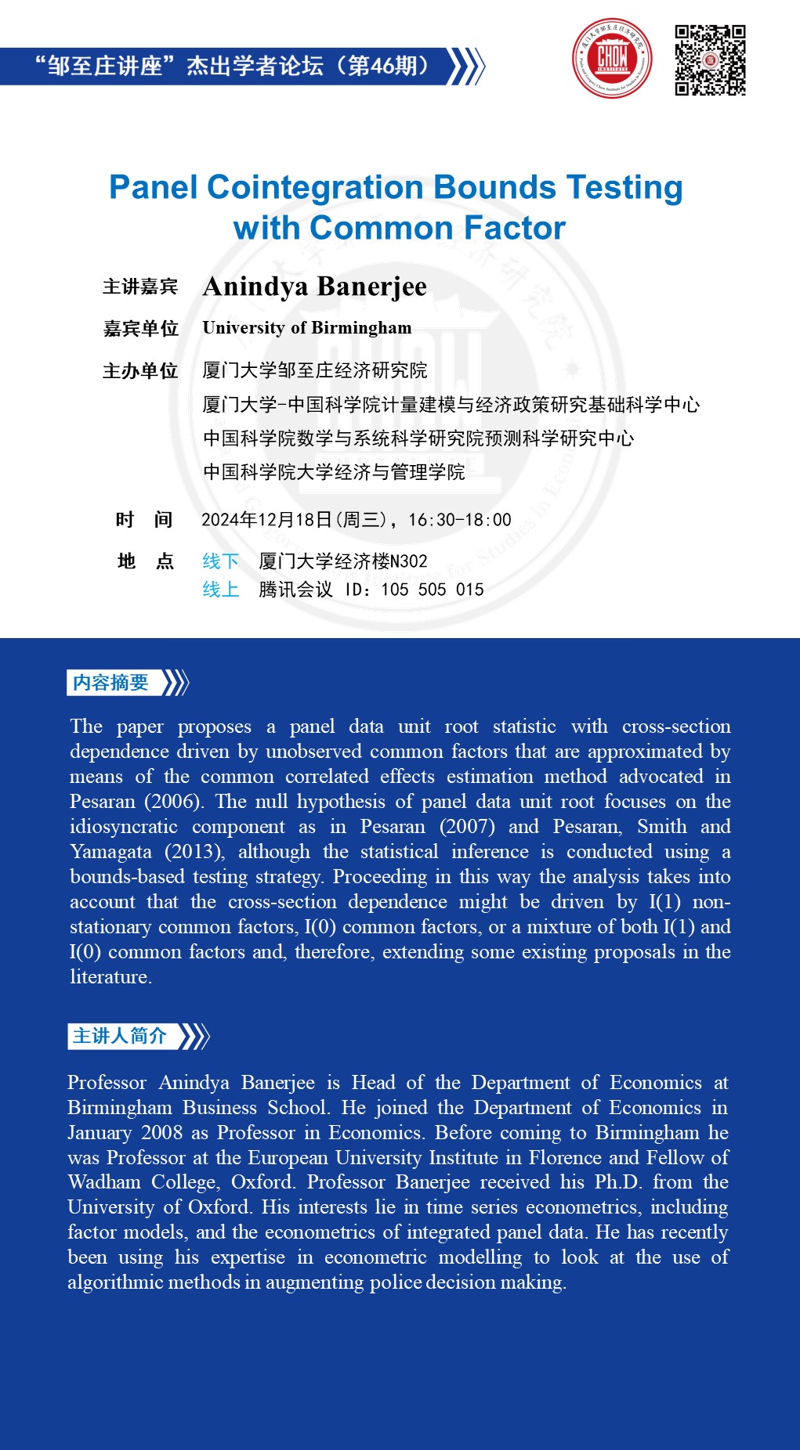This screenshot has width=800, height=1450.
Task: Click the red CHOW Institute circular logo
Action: pyautogui.click(x=612, y=59)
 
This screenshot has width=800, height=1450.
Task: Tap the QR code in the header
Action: pyautogui.click(x=710, y=60)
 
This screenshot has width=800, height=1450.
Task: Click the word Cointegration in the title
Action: pyautogui.click(x=316, y=188)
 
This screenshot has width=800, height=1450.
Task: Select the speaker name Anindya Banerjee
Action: pyautogui.click(x=315, y=287)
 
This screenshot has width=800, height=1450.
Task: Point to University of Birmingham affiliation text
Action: pyautogui.click(x=307, y=328)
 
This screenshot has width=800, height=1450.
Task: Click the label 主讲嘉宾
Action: pyautogui.click(x=140, y=287)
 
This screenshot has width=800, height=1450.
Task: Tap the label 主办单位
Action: pyautogui.click(x=140, y=371)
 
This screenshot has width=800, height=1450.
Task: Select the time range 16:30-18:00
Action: pyautogui.click(x=460, y=520)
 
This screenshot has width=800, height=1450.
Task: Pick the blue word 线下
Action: pyautogui.click(x=220, y=561)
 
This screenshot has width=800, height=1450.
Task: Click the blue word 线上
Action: pyautogui.click(x=220, y=590)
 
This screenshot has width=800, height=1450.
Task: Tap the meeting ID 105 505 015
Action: pyautogui.click(x=433, y=590)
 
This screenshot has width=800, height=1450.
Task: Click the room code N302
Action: pyautogui.click(x=409, y=561)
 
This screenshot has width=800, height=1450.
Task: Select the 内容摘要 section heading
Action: pyautogui.click(x=110, y=683)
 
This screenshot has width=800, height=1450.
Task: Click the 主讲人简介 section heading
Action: pyautogui.click(x=120, y=1036)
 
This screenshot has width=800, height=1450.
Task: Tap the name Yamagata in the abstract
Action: pyautogui.click(x=110, y=852)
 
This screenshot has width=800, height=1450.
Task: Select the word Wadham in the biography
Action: pyautogui.click(x=104, y=1182)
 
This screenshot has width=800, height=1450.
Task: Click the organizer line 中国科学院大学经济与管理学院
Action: pyautogui.click(x=334, y=472)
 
